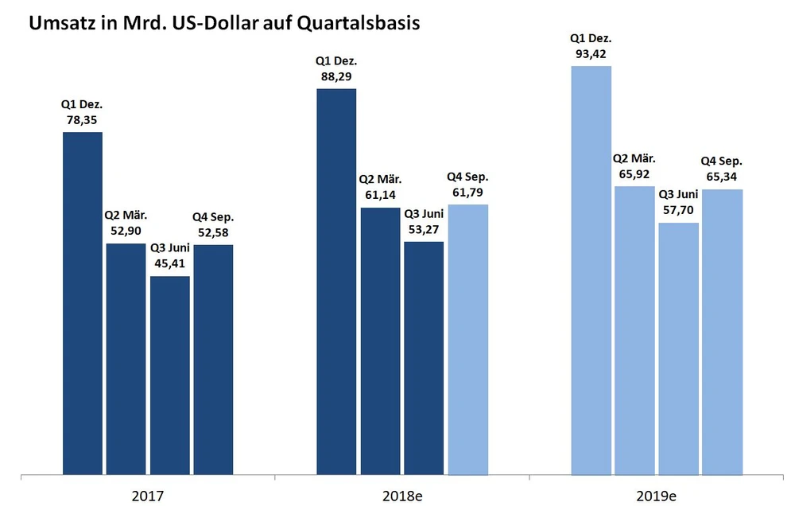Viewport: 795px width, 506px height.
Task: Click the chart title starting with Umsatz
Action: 224,24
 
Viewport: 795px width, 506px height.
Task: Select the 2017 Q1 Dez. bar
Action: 83,302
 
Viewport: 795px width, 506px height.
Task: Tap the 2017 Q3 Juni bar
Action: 170,374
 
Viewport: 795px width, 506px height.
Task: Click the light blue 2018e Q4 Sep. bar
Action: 468,339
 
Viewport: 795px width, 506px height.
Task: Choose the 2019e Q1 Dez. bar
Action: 591,270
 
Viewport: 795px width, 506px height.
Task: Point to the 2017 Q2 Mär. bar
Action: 126,358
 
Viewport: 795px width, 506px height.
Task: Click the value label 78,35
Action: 82,120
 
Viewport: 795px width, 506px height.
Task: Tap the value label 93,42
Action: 591,54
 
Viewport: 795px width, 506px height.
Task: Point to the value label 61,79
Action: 468,192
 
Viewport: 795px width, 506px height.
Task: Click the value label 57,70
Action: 679,210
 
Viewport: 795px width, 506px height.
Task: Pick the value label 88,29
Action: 336,76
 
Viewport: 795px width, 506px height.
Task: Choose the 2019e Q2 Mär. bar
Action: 634,329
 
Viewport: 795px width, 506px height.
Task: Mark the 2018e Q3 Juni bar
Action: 424,358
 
